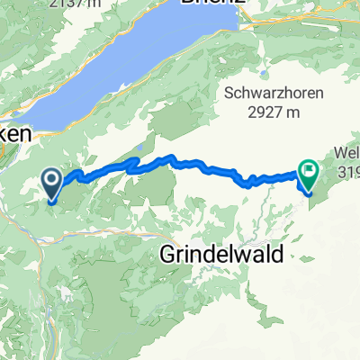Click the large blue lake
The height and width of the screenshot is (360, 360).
click(135, 67)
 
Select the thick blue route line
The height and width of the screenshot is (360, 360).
click(180, 163)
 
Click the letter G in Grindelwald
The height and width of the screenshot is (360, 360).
click(170, 254)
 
